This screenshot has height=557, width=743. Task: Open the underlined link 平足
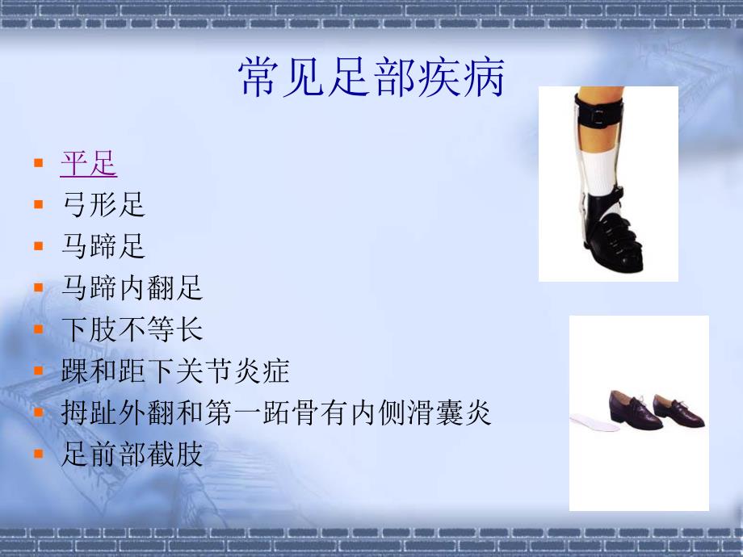coord(89,164)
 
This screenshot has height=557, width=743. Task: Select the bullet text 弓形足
coord(103,205)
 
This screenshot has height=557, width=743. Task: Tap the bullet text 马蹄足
coord(103,246)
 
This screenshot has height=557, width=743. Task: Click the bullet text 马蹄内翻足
coord(132,288)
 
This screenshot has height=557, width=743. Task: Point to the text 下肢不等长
coord(132,329)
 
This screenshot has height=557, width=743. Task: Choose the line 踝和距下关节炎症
coord(174,371)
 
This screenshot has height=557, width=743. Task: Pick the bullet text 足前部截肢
coord(132,454)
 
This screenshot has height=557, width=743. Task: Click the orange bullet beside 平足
coord(38,163)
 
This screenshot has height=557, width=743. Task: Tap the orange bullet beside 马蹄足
coord(38,245)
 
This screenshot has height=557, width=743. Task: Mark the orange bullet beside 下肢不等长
coord(38,329)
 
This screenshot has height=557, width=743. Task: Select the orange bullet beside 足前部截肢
coord(38,454)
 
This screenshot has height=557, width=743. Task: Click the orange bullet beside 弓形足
coord(38,204)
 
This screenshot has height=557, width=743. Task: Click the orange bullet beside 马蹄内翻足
coord(38,287)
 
